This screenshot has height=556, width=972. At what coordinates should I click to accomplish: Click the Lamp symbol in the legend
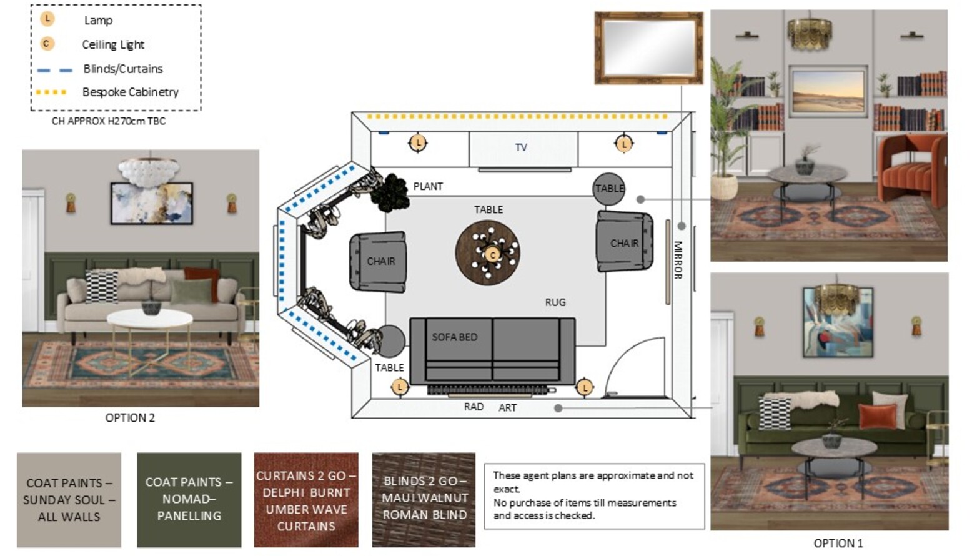point(47,19)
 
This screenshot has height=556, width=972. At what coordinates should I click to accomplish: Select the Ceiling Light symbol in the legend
point(47,44)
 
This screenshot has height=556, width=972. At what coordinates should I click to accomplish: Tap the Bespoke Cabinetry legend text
point(130,92)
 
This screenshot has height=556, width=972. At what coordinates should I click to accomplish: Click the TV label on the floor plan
point(521,147)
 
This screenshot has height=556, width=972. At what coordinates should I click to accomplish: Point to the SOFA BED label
point(454,337)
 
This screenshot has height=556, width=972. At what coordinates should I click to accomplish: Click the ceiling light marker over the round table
point(492,255)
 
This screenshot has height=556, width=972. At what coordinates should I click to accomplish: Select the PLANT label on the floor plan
point(428,186)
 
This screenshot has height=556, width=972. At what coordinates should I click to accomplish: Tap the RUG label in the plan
point(555,302)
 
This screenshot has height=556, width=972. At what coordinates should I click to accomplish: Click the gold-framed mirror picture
point(648,47)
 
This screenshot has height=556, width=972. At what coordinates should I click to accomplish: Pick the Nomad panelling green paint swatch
point(189,500)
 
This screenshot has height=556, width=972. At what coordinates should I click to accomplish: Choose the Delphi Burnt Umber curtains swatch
point(306,500)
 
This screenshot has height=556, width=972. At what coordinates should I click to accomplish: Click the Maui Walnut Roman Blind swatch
point(424,500)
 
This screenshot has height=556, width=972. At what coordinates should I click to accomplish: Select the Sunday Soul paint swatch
point(69,500)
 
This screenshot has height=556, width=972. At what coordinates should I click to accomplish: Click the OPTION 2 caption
point(130,417)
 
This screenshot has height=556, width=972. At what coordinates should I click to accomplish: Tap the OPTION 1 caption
point(838,543)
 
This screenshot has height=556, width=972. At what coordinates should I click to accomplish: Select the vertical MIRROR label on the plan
point(678,260)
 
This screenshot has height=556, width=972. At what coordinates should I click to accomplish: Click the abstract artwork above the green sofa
point(838,322)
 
